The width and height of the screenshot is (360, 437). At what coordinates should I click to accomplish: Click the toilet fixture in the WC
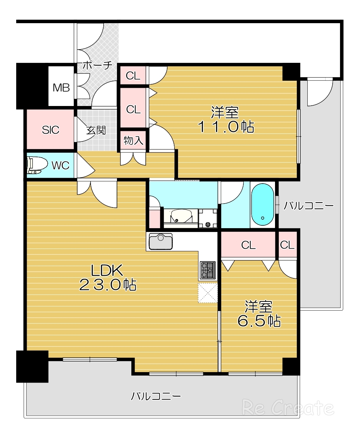pos(37,165)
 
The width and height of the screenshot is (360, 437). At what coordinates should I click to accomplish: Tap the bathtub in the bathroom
pos(262,205)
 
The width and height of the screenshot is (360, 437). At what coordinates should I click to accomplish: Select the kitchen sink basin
pos(161,241)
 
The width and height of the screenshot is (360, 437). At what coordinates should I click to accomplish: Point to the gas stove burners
pos(208,270)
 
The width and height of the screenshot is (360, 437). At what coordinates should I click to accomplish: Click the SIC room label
pos(51,130)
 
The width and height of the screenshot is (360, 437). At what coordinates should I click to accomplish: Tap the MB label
pos(61,88)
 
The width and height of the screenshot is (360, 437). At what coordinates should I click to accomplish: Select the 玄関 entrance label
pos(96,130)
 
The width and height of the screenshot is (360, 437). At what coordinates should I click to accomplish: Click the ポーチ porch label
pos(97,66)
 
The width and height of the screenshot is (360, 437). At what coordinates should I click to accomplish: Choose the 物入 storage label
pos(133,140)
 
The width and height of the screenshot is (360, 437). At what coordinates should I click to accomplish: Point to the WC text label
pos(60,165)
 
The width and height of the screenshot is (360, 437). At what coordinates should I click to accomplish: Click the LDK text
pos(107,270)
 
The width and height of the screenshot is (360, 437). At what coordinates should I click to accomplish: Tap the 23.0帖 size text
pos(108,285)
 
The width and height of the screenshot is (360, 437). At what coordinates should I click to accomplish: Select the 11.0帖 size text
pos(226,127)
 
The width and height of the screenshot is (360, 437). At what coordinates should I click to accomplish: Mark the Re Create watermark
pos(288,408)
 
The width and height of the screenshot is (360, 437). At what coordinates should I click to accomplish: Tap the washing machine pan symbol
pos(208,218)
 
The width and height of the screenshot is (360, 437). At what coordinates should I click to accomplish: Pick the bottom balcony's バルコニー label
pos(156,396)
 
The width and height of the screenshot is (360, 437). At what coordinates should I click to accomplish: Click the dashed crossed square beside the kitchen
pos(208,293)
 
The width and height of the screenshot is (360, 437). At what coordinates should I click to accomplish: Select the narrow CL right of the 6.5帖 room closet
pos(287,245)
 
